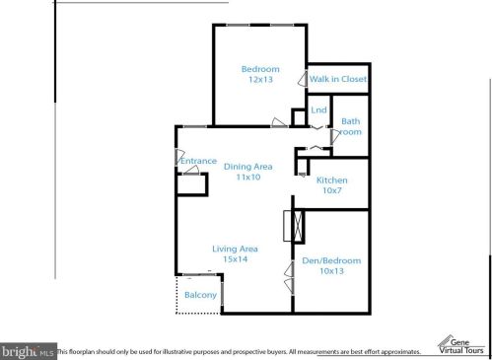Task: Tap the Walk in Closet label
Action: [338, 78]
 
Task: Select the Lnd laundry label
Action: [318, 109]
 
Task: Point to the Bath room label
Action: [351, 126]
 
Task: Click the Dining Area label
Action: [248, 166]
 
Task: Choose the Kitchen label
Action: [331, 180]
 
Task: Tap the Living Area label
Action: [236, 249]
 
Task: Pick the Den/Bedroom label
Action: [331, 260]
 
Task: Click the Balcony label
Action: [200, 295]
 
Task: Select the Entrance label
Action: [198, 161]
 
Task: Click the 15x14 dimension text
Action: [236, 259]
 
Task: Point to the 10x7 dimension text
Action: [331, 191]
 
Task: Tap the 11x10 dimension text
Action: [248, 178]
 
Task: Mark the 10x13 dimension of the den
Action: [331, 271]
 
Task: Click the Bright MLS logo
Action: [28, 350]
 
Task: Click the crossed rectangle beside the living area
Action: [289, 226]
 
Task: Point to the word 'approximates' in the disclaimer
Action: [398, 351]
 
